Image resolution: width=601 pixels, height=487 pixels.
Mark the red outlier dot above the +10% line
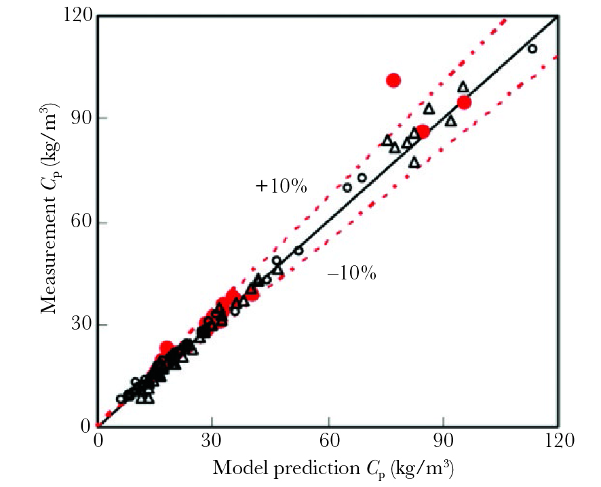click(x=393, y=81)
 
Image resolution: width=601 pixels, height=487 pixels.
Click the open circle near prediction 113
click(x=532, y=49)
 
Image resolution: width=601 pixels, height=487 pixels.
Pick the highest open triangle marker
click(x=463, y=87)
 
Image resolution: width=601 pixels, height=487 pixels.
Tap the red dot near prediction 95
click(x=464, y=102)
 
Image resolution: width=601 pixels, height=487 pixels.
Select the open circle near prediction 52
click(x=298, y=250)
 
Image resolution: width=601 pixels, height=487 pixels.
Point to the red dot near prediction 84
click(x=423, y=132)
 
